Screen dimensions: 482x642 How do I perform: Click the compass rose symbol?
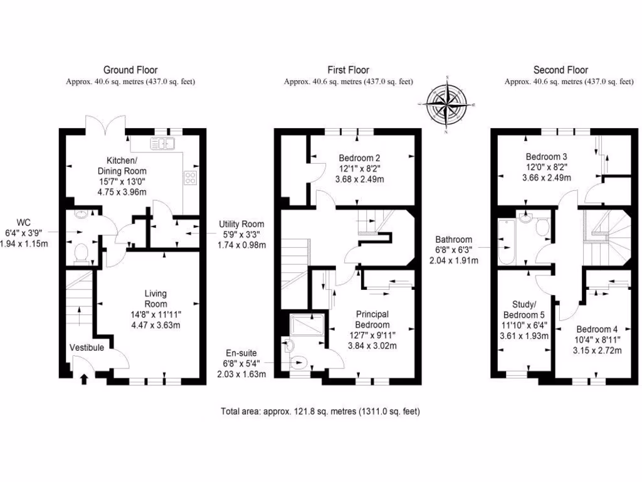[447, 105]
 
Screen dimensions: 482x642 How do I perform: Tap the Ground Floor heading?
[130, 70]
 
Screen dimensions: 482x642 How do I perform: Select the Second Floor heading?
[560, 70]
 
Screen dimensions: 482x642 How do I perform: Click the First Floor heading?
[348, 70]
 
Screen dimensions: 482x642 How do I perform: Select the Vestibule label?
[87, 347]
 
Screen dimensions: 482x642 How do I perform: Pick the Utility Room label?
[241, 224]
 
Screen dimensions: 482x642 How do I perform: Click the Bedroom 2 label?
[359, 158]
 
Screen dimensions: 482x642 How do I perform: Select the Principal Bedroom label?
[372, 319]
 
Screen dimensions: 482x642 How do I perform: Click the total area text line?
[320, 412]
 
